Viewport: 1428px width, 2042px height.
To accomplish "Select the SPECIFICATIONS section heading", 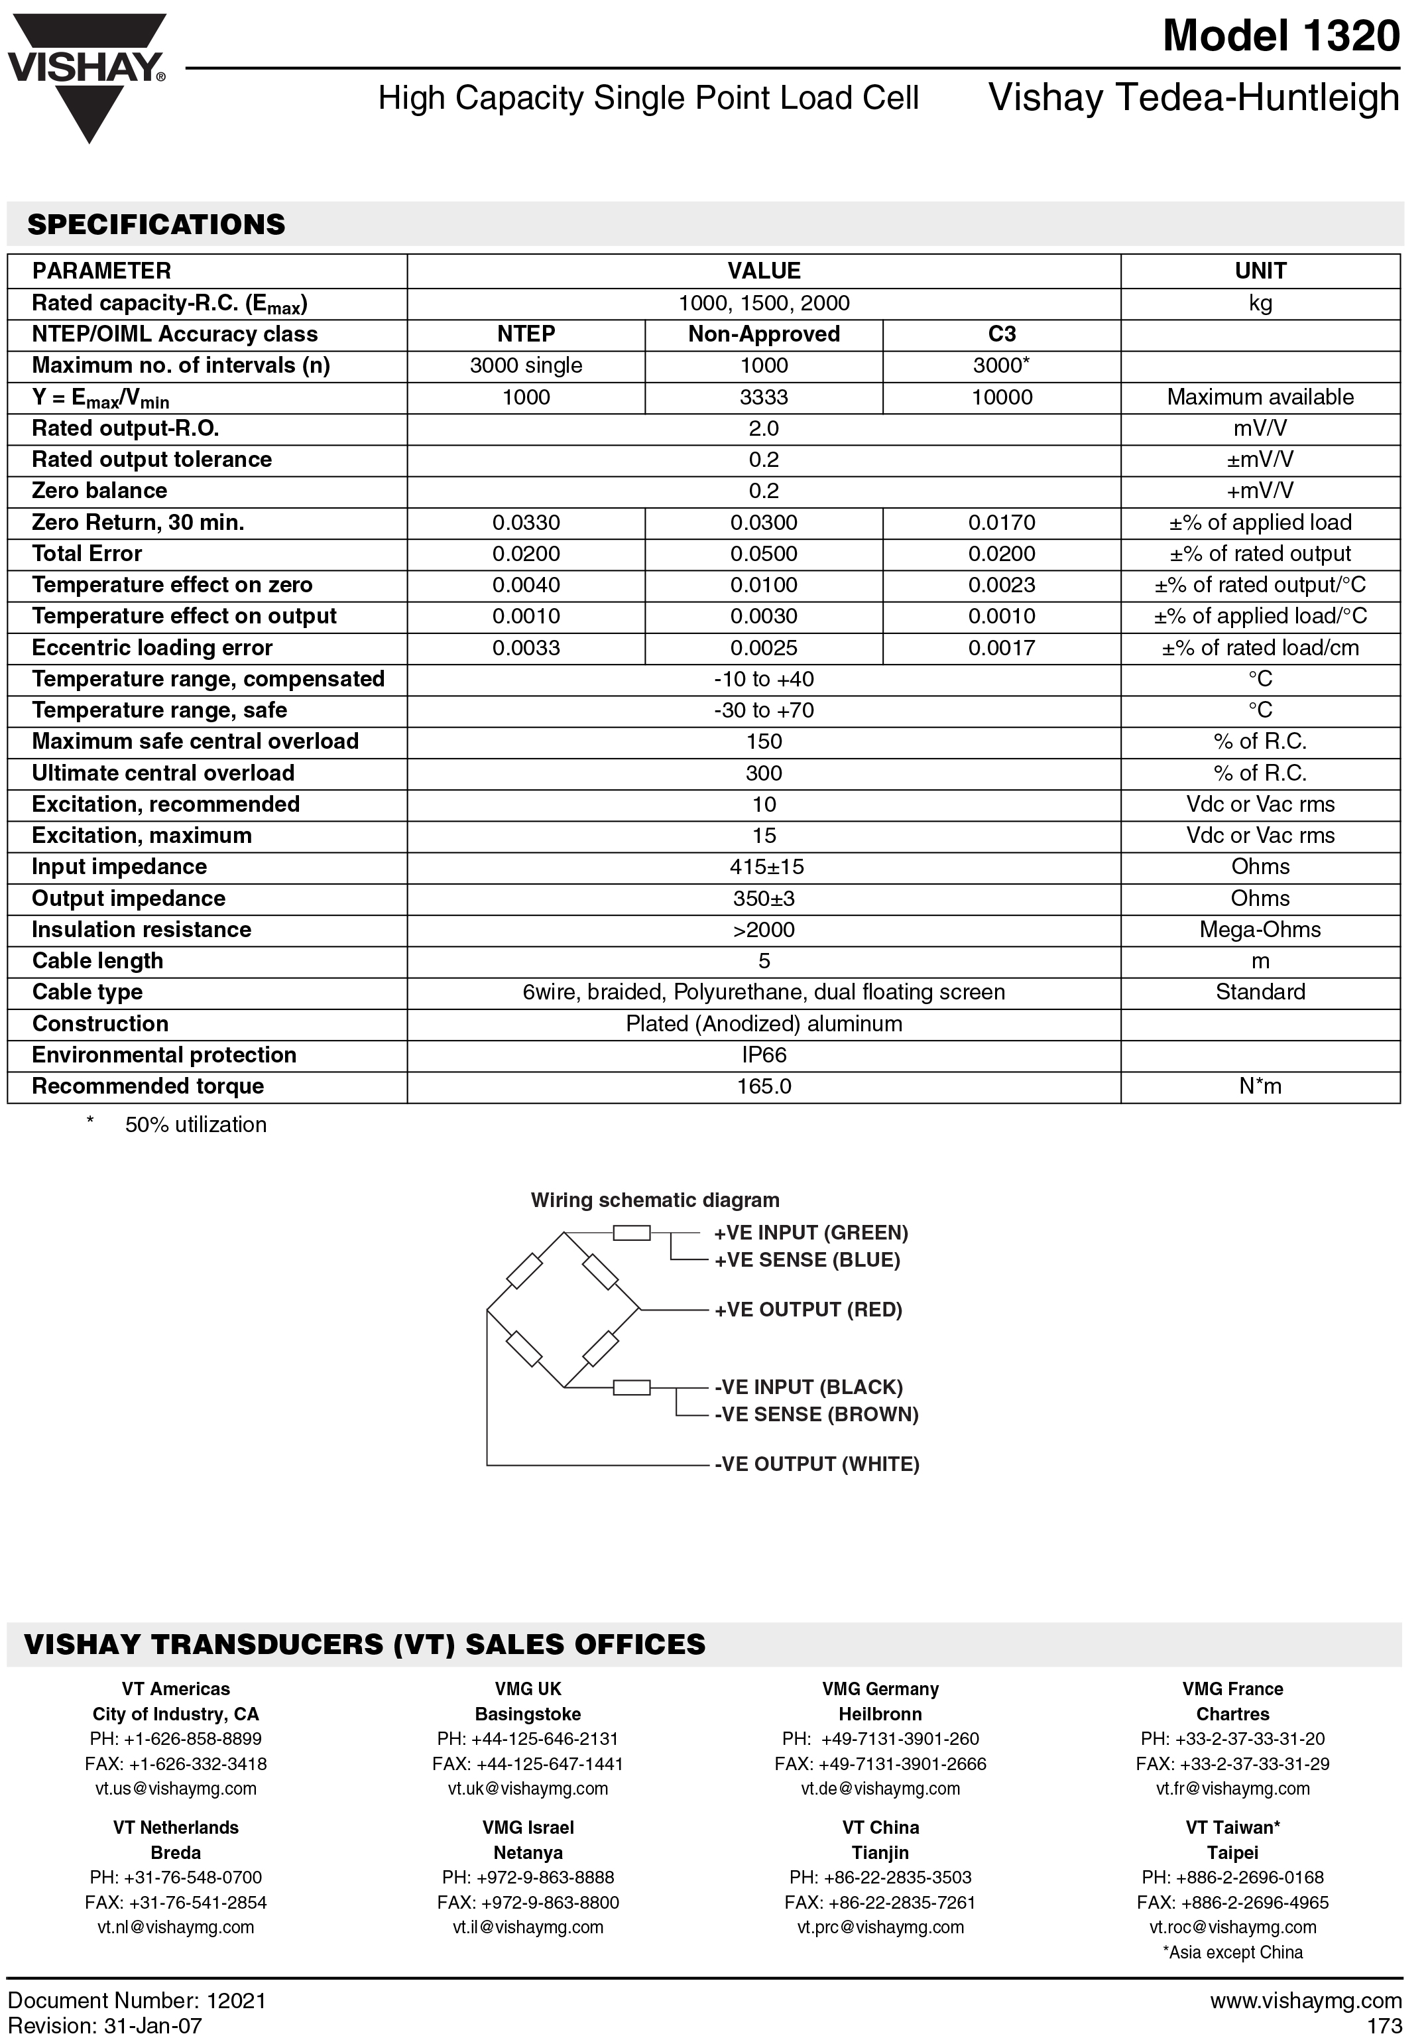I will (x=156, y=224).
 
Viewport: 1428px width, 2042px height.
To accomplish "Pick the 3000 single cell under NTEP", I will (x=526, y=365).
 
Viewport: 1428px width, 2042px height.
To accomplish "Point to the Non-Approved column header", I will (x=764, y=334).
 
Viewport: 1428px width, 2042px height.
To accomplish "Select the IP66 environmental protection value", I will (x=764, y=1054).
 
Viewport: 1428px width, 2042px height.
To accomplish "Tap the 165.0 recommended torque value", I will (x=764, y=1086).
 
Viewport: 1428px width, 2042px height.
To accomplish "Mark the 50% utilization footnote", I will (x=196, y=1125).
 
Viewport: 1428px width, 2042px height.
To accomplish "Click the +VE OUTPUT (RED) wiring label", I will (x=807, y=1310).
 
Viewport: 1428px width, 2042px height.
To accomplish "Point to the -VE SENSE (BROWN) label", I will (x=816, y=1414).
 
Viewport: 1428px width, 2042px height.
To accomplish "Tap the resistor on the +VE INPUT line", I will (x=631, y=1233).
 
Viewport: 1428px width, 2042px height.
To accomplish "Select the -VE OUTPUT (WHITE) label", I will (x=816, y=1464).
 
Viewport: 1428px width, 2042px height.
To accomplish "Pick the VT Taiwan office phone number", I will (x=1232, y=1878).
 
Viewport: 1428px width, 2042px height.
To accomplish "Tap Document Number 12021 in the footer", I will (x=137, y=2001).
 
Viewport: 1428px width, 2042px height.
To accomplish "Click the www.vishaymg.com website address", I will (x=1305, y=2001).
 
